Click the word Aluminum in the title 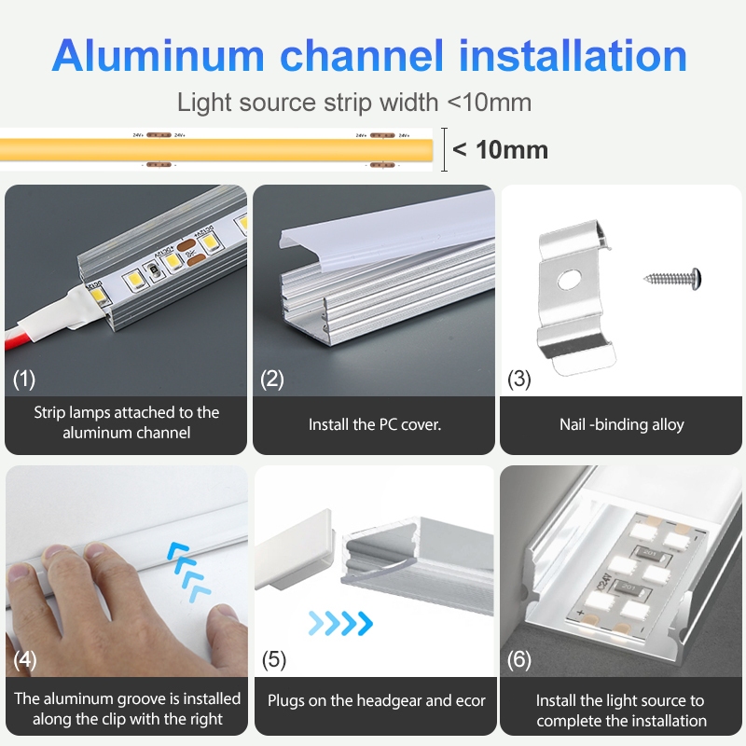pos(158,56)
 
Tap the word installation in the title pos(573,56)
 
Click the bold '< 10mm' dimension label pos(500,150)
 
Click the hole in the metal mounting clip pos(569,280)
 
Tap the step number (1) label pos(24,379)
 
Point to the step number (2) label pos(272,379)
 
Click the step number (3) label pos(519,379)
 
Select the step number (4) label pos(25,659)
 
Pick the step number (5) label pos(274,659)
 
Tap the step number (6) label pos(519,659)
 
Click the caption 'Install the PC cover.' pos(375,424)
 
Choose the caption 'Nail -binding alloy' pos(622,424)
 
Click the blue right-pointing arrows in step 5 pos(340,623)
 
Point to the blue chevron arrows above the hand pos(188,571)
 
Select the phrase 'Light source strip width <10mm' pos(354,103)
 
